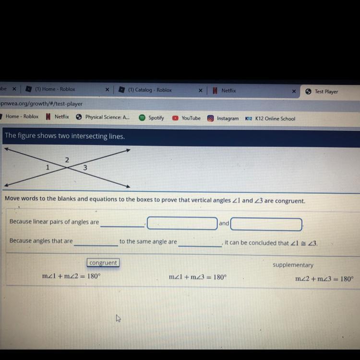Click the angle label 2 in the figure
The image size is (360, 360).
(67, 160)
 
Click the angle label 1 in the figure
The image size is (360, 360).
(48, 167)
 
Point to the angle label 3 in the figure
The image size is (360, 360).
(85, 168)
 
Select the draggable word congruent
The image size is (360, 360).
(103, 263)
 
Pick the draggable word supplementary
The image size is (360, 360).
(293, 265)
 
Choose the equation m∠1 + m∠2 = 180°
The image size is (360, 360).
(72, 276)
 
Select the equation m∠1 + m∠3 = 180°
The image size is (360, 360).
(198, 277)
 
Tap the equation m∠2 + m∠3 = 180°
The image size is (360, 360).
(324, 279)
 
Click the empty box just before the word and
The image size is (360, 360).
(182, 223)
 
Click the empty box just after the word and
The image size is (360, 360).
(266, 224)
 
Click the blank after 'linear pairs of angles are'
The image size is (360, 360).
(122, 227)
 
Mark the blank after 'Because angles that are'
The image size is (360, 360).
(96, 245)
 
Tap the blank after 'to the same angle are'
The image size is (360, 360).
(200, 246)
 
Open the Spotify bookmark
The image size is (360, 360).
(152, 118)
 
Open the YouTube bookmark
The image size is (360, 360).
(186, 118)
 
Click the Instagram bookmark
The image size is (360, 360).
(223, 119)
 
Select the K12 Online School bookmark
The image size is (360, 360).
(270, 119)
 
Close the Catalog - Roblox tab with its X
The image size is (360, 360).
(201, 90)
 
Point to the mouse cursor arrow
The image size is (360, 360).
(118, 318)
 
